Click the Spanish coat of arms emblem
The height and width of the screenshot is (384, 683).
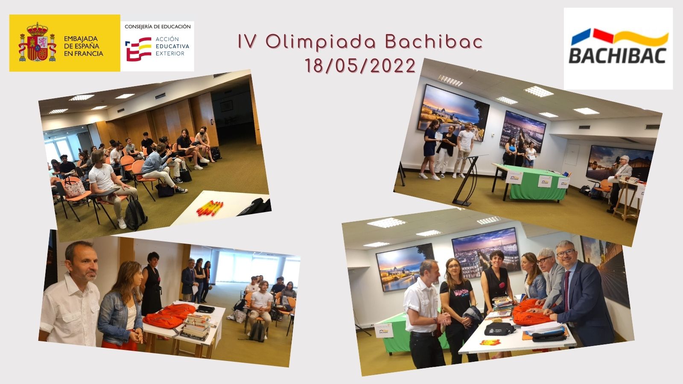pos(38,42)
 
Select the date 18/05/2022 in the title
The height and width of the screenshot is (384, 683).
pos(360,66)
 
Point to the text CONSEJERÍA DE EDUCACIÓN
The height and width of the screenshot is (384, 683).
pos(158,27)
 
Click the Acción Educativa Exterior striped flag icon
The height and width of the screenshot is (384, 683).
pos(138,49)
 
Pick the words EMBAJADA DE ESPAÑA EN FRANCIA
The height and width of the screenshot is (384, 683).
pos(83,46)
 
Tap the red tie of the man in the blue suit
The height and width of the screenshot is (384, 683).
pos(566,291)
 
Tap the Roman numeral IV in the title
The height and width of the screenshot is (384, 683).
pos(247,42)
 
